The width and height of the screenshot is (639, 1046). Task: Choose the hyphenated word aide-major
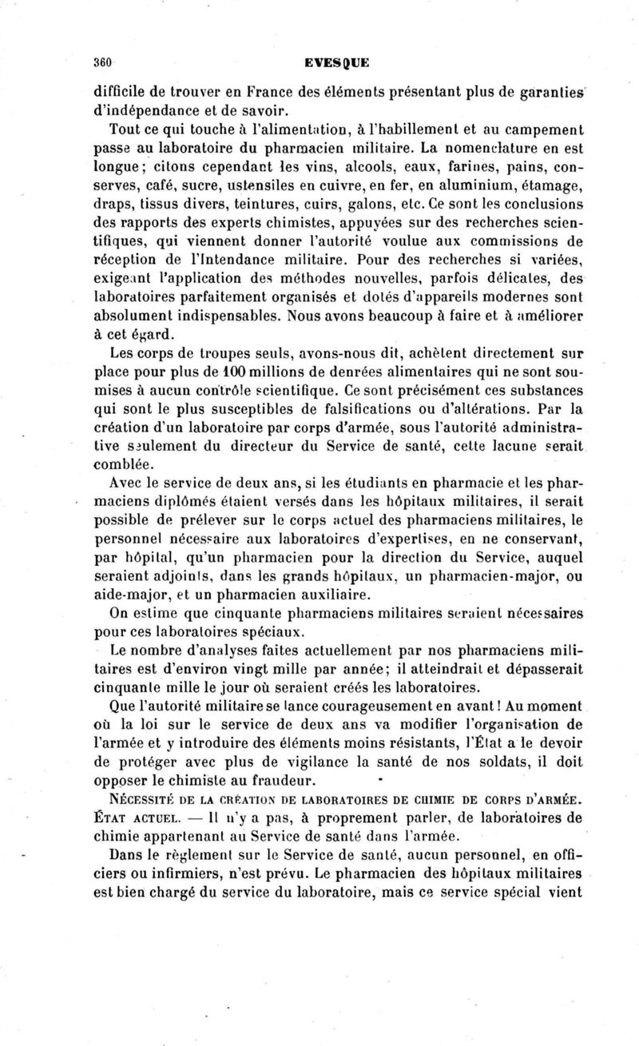(133, 596)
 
